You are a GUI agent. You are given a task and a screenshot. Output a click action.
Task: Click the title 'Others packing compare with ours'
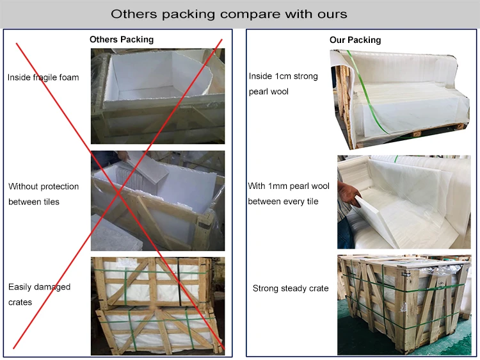[x=228, y=13]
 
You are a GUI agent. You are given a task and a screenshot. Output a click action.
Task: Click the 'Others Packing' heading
[x=122, y=40]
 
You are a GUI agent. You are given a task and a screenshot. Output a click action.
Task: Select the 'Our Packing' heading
[x=355, y=40]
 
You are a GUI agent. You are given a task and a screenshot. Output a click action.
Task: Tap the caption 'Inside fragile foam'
[x=44, y=78]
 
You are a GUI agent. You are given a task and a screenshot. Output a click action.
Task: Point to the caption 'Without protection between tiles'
[x=44, y=194]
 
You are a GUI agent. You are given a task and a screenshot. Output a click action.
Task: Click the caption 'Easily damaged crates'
[x=39, y=294]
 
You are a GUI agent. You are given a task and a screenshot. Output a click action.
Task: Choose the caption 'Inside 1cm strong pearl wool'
[x=283, y=84]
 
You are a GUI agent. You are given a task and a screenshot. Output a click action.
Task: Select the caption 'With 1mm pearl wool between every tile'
[x=288, y=194]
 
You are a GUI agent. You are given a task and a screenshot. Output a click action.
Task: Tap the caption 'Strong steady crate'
[x=291, y=288]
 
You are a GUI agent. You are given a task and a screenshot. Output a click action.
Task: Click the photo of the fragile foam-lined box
[x=157, y=96]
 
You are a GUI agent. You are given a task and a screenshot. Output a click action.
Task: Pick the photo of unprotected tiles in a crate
[x=157, y=200]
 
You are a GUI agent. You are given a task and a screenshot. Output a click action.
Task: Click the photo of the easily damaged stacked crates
[x=157, y=306]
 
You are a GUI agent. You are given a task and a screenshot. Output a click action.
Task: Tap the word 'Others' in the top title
[x=132, y=13]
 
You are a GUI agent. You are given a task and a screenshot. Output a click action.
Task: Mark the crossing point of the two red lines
[x=119, y=193]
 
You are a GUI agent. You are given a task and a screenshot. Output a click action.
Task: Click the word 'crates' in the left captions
[x=20, y=302]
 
